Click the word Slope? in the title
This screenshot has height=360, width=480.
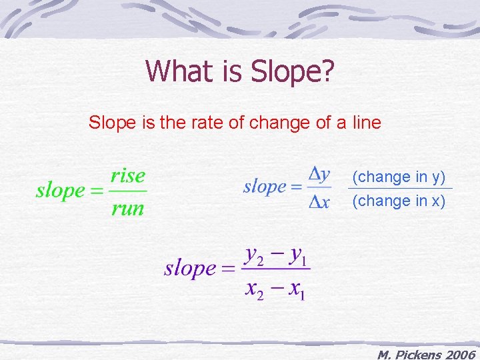coord(293,71)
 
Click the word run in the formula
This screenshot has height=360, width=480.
coord(128,208)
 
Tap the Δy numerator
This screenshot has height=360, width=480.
coord(319,174)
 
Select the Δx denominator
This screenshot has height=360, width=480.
coord(319,202)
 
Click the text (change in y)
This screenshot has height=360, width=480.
coord(399,177)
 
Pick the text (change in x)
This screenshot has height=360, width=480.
coord(399,200)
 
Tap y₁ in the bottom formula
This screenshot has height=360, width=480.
coord(296,254)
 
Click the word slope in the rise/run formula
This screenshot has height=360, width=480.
coord(60,191)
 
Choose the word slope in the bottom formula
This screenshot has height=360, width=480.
coord(190,269)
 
